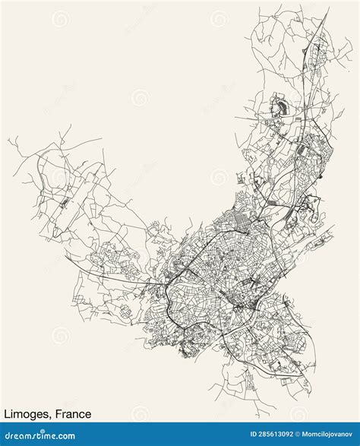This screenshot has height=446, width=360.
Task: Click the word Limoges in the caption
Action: point(27,414)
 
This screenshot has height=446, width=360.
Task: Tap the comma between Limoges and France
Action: point(52,418)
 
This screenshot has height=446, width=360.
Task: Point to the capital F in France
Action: point(58,414)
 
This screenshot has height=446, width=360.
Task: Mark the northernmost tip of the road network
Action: point(328,8)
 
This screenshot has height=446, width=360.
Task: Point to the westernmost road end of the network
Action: point(8,140)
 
